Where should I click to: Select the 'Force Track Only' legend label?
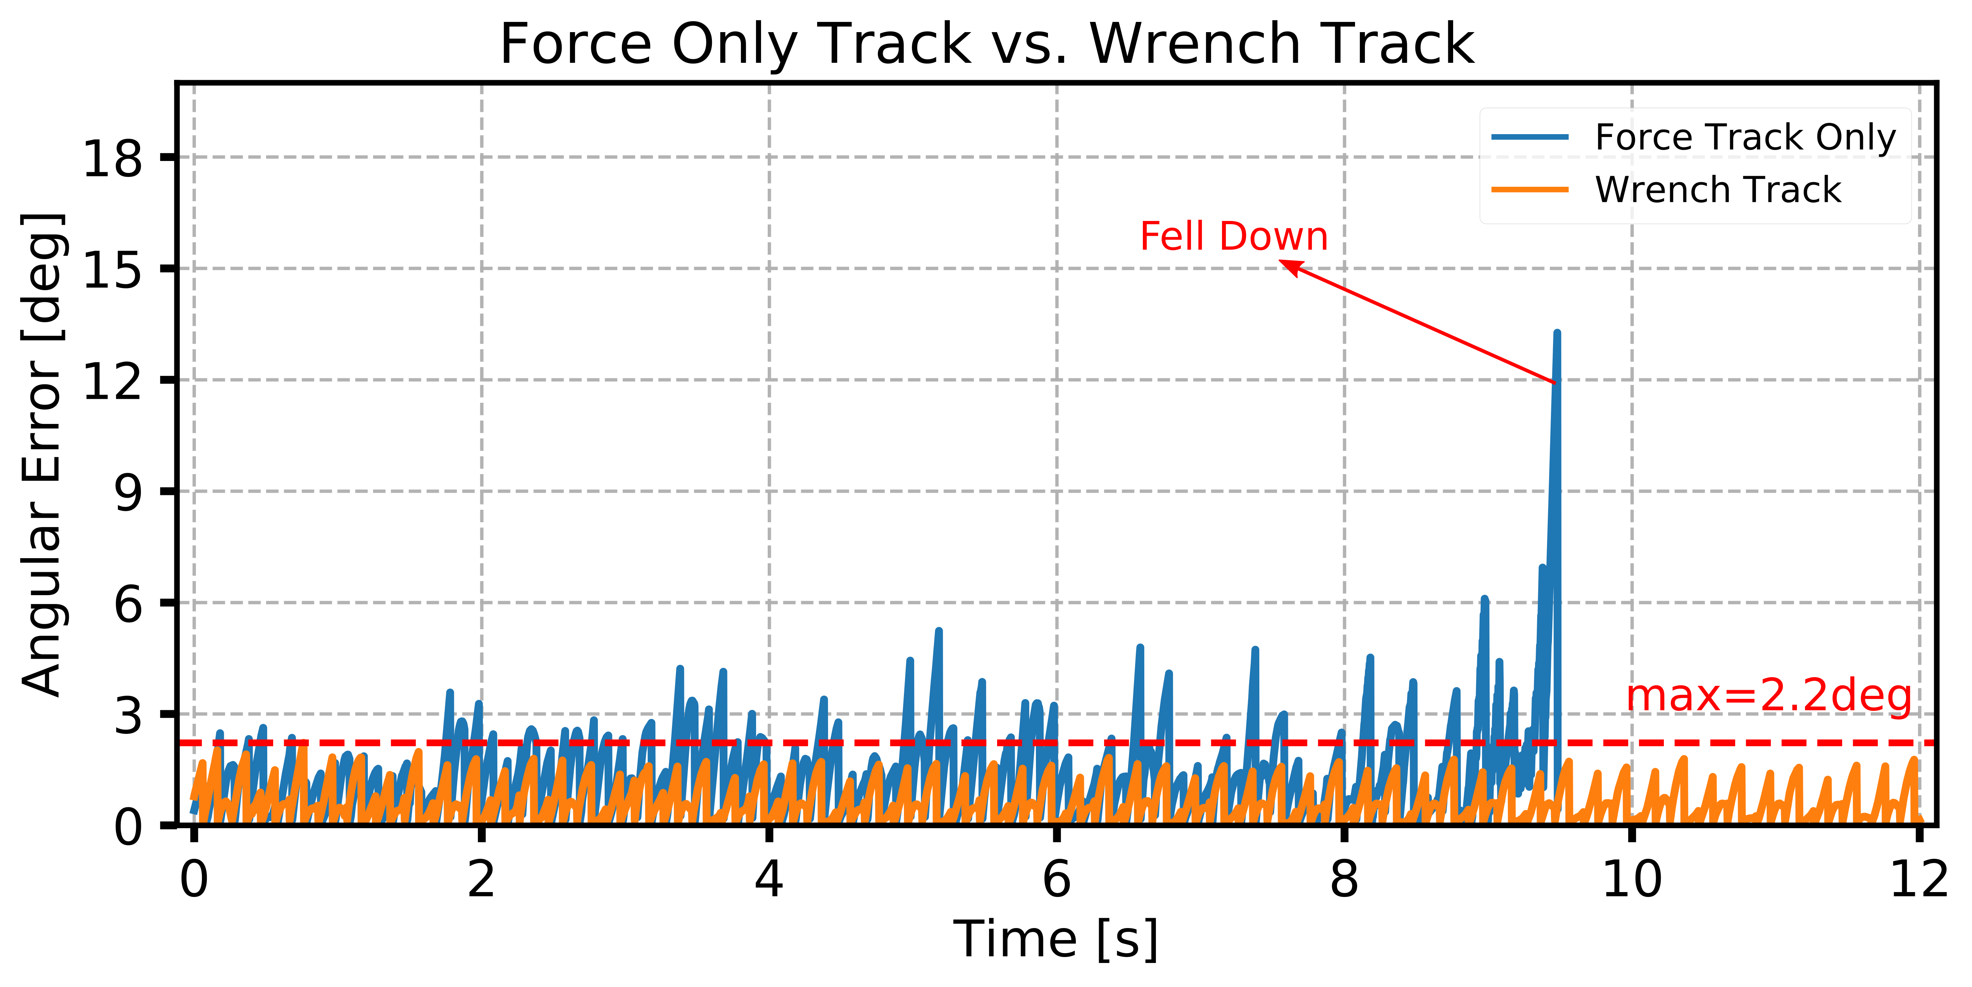1745,138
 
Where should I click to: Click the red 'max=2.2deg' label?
1768,697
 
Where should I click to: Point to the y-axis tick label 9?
128,492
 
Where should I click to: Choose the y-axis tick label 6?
128,604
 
